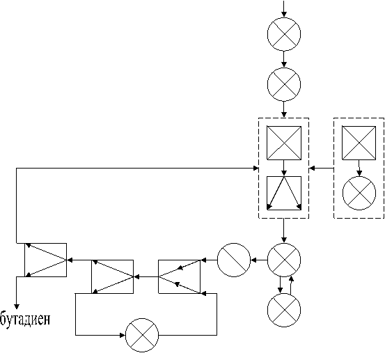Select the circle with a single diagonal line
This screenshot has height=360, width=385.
pyautogui.click(x=234, y=260)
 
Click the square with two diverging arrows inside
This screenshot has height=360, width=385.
pyautogui.click(x=284, y=193)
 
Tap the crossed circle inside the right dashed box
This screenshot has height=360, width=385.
pyautogui.click(x=359, y=194)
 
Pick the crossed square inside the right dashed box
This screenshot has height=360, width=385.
pyautogui.click(x=359, y=143)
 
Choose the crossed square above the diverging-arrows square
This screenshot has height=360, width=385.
pyautogui.click(x=284, y=143)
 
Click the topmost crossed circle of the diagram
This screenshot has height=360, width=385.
pyautogui.click(x=284, y=34)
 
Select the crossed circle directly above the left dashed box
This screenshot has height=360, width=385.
pyautogui.click(x=284, y=84)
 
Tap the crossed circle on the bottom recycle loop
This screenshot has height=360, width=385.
pyautogui.click(x=142, y=335)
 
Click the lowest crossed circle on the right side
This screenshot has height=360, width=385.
pyautogui.click(x=284, y=310)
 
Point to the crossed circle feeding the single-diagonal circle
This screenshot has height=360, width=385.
pyautogui.click(x=284, y=260)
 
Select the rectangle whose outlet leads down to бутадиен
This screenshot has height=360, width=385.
pyautogui.click(x=46, y=260)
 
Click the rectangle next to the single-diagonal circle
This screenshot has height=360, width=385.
pyautogui.click(x=179, y=276)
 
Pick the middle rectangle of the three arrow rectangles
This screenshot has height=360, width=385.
pyautogui.click(x=113, y=276)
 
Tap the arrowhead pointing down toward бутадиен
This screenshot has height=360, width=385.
pyautogui.click(x=17, y=306)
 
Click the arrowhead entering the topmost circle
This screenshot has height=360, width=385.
pyautogui.click(x=284, y=14)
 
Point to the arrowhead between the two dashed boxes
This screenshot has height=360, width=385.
pyautogui.click(x=312, y=169)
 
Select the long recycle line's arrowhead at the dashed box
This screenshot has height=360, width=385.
pyautogui.click(x=256, y=169)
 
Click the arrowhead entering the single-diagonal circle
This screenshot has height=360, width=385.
pyautogui.click(x=253, y=260)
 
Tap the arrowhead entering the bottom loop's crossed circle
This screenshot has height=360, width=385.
pyautogui.click(x=123, y=335)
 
